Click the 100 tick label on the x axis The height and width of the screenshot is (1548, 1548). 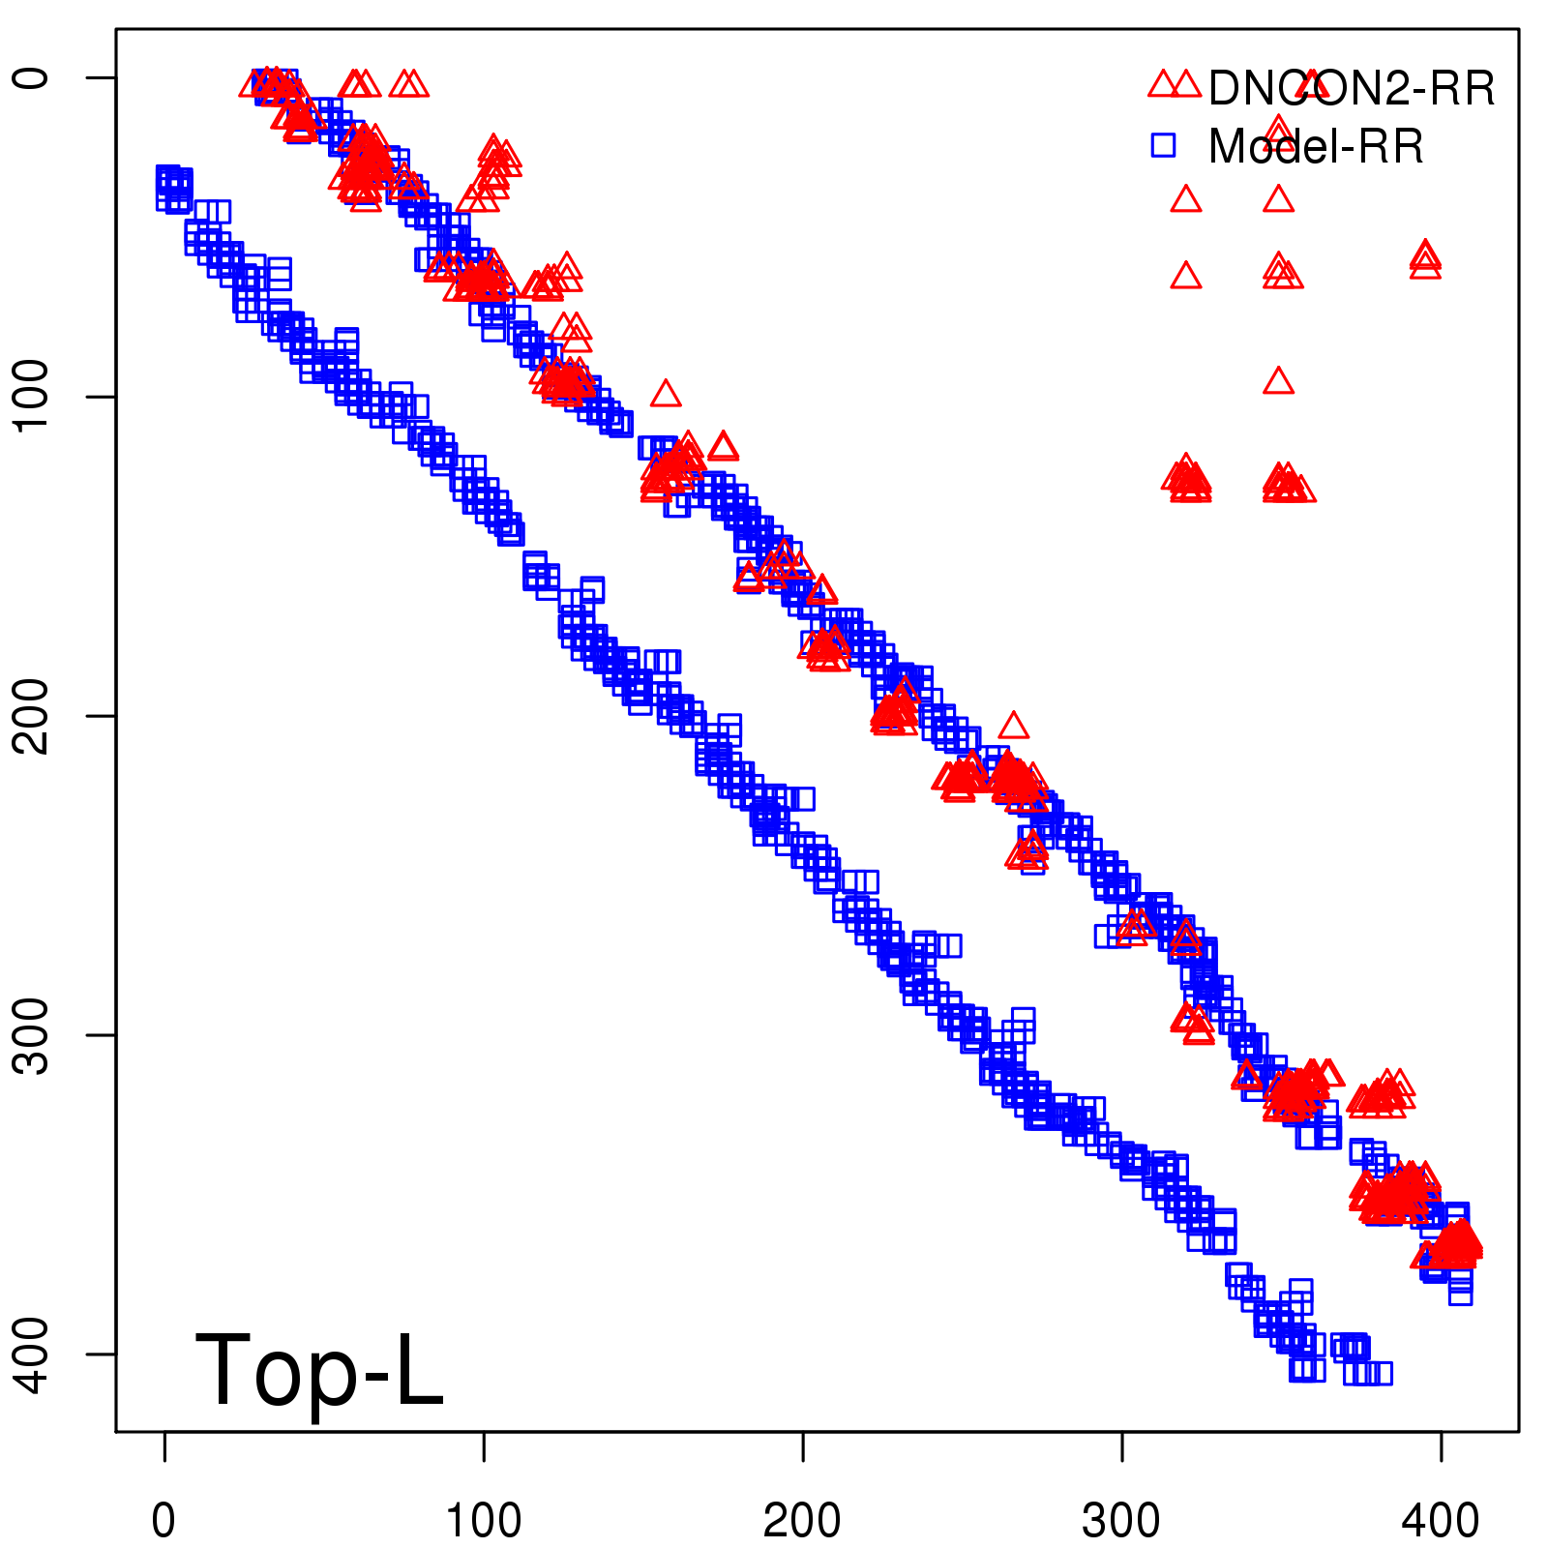(483, 1522)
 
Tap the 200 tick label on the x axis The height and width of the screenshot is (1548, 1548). (802, 1522)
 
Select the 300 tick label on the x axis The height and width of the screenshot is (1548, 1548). (1121, 1522)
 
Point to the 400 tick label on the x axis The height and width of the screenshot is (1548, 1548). (1441, 1522)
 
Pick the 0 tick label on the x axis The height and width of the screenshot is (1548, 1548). (164, 1522)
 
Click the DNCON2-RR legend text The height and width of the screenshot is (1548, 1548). (1352, 89)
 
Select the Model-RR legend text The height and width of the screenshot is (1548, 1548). (1316, 147)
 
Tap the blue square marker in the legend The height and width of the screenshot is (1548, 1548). (1163, 145)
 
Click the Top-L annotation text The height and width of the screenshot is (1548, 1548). (319, 1370)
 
